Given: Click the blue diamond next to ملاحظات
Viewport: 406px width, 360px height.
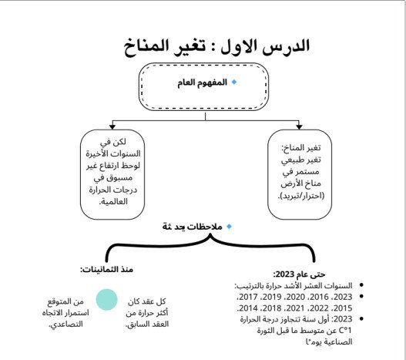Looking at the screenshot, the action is tap(229, 227).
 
